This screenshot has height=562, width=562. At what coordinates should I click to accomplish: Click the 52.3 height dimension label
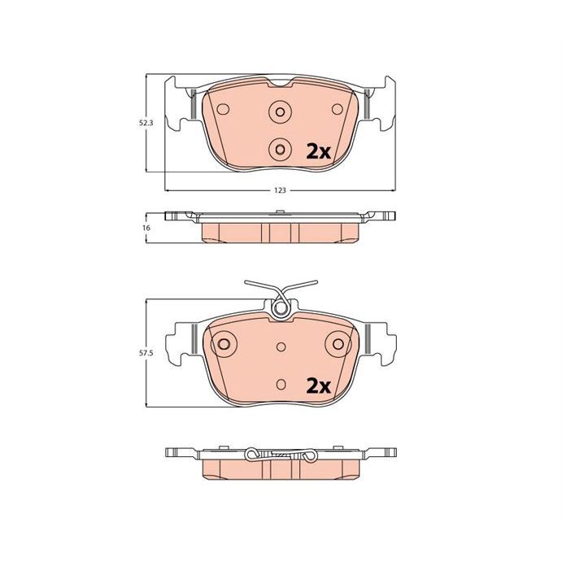146,123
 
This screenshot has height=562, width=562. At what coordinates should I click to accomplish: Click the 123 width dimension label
280,190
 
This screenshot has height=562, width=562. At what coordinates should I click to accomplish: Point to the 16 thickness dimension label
146,228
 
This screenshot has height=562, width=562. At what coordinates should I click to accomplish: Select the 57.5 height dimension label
146,353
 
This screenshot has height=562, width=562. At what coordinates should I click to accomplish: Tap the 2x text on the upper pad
318,152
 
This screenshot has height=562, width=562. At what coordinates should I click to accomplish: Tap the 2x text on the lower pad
318,386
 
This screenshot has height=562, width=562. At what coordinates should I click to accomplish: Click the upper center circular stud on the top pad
280,111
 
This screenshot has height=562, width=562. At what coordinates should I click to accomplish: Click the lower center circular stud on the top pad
280,149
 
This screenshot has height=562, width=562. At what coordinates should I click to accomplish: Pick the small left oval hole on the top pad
223,109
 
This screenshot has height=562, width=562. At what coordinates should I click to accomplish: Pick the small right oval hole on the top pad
338,109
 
